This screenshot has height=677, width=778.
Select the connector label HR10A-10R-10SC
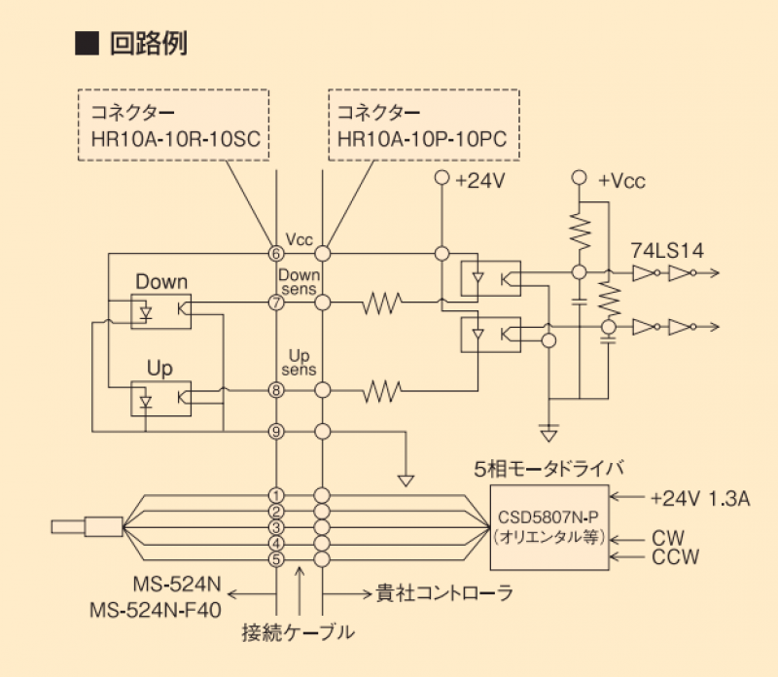(174, 139)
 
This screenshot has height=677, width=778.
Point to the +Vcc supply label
(621, 180)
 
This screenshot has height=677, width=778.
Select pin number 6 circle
(276, 253)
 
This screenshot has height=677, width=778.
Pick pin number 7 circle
(276, 303)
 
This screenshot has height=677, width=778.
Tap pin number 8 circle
(276, 391)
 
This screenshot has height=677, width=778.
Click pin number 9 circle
(276, 431)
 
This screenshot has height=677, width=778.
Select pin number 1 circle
(276, 496)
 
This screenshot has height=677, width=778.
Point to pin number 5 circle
(276, 558)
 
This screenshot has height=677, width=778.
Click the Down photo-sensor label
(161, 282)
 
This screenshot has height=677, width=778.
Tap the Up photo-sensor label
(159, 369)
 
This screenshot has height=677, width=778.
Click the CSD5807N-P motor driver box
(549, 526)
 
